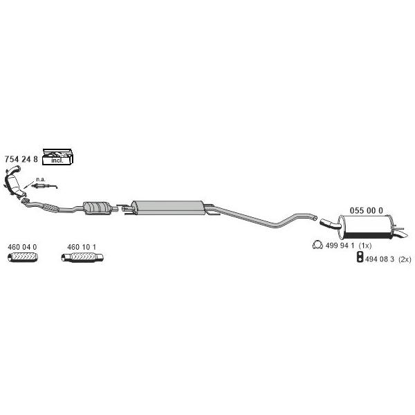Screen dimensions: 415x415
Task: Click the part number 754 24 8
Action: tap(21, 159)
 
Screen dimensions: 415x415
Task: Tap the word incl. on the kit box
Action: tap(57, 160)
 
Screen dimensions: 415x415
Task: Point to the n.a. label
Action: tap(41, 179)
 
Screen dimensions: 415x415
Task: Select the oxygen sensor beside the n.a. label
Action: tap(44, 186)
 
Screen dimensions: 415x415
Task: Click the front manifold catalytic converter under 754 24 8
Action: tap(13, 182)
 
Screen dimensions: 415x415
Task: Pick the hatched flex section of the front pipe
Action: tap(50, 207)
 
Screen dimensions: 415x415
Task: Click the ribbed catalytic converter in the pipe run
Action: tap(96, 207)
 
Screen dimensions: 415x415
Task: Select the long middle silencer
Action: tap(169, 207)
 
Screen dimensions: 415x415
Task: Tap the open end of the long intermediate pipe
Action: tap(315, 218)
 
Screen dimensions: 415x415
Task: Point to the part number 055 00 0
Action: tap(367, 211)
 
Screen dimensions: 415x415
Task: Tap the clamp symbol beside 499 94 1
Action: tap(317, 245)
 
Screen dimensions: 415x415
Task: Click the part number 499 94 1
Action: tap(340, 246)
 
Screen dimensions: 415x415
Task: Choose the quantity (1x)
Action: tap(365, 246)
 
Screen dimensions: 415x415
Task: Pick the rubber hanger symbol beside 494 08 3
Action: tap(360, 257)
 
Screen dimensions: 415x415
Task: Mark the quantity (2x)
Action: tap(405, 259)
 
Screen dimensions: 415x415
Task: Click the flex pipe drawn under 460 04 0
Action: tap(23, 257)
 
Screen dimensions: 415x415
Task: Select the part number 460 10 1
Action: tap(82, 247)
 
